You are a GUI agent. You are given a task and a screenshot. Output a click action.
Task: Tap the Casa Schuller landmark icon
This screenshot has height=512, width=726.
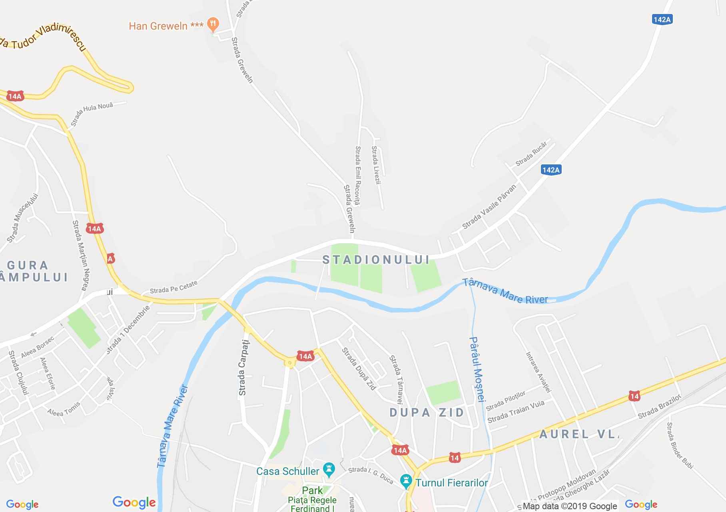329,470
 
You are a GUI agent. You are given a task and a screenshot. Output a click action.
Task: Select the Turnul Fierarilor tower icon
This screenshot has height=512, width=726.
406,482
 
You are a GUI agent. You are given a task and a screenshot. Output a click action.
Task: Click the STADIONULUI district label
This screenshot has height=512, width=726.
376,260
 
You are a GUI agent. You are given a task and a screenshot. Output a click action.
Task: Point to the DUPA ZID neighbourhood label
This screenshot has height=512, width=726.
427,412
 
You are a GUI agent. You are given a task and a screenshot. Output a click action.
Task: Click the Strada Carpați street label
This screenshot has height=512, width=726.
243,368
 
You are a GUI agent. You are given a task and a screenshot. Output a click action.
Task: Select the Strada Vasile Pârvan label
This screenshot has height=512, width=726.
489,206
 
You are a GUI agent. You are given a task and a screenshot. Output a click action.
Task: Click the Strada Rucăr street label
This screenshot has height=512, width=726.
531,154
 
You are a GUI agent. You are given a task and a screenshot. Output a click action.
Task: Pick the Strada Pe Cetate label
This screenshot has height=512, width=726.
174,287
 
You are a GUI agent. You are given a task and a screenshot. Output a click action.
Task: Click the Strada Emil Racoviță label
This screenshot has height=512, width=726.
358,176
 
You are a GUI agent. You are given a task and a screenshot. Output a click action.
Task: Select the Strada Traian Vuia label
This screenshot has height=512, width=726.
516,412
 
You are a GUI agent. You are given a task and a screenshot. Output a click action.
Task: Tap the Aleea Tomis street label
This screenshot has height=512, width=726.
64,409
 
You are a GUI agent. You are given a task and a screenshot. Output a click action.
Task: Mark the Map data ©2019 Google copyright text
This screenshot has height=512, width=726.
570,506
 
